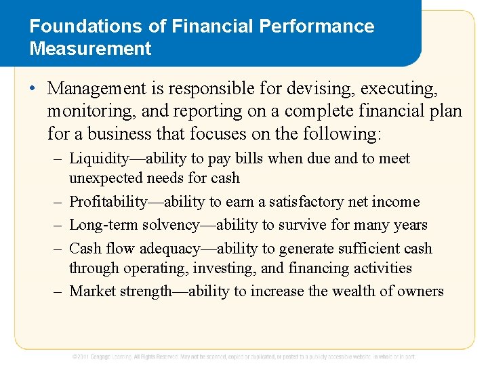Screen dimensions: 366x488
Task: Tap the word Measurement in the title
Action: tap(91, 49)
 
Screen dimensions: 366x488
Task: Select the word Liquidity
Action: tap(99, 159)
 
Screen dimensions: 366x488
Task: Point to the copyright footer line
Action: tap(244, 357)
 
